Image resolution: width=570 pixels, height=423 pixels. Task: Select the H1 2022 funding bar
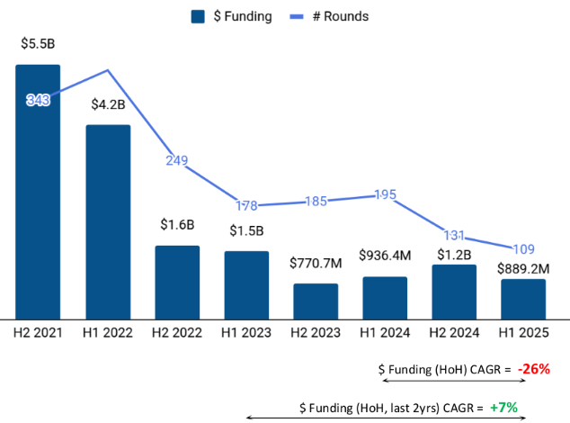coord(108,221)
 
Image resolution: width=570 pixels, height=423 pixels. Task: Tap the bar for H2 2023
coord(316,301)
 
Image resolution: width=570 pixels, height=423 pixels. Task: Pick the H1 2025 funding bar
coord(523,298)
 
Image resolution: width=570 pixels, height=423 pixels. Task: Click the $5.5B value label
coord(38,43)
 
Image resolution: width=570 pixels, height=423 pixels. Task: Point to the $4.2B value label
coord(108,103)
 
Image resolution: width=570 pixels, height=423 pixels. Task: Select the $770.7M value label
coord(316,264)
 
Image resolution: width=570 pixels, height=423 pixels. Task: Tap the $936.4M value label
coord(385,256)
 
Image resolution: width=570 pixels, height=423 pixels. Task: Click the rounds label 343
coord(38,100)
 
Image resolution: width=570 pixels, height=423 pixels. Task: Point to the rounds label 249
coord(177,160)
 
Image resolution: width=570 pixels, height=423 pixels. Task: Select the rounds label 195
coord(385,194)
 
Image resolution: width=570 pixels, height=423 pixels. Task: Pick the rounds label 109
coord(523,248)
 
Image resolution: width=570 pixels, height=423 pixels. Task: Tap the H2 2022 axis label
coord(177,332)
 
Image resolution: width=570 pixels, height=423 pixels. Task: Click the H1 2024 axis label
coord(385,332)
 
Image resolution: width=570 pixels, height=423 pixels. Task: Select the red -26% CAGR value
coord(533,369)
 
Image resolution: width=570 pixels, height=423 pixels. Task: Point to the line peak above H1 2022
coord(108,69)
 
